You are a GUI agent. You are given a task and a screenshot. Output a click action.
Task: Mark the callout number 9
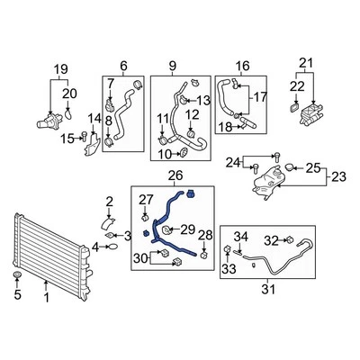click(x=173, y=65)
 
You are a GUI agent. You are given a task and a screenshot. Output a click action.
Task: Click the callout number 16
click(x=241, y=65)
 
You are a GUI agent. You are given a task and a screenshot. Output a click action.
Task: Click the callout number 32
click(x=271, y=239)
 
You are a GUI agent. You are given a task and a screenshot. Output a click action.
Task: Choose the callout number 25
click(x=312, y=168)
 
